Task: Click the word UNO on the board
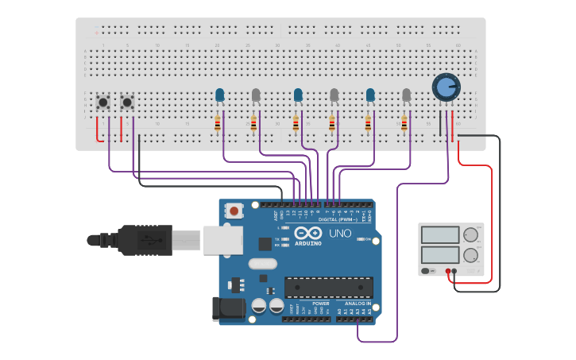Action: pos(340,234)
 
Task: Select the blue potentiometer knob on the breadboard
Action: pos(446,87)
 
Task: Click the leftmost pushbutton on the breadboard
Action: pos(102,102)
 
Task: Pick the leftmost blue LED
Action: pos(220,95)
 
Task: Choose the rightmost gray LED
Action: pos(407,95)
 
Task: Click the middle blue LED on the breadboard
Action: pos(298,95)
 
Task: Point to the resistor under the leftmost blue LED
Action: pos(218,123)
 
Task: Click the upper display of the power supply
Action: pos(439,235)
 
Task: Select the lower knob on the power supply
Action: pos(470,256)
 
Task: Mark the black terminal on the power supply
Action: pos(454,271)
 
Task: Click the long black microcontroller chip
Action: pos(328,287)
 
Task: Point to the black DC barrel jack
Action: pos(226,308)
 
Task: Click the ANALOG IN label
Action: pos(358,304)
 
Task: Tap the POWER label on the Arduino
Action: pos(320,304)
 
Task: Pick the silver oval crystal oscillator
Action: pos(262,264)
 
